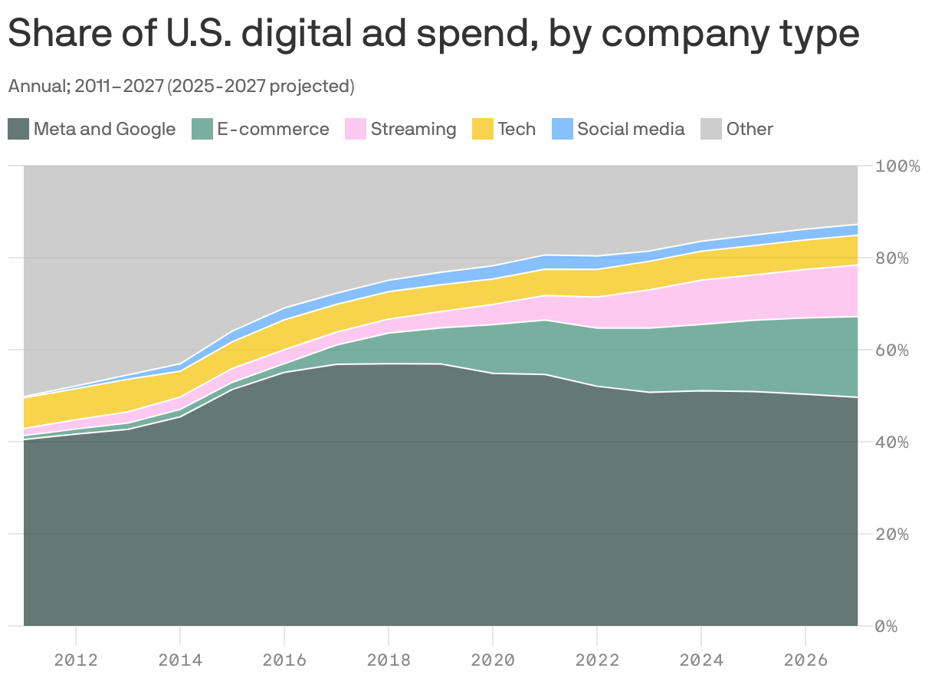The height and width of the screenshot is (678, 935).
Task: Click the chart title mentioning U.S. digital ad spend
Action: point(433,35)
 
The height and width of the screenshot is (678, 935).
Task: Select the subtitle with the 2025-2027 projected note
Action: point(181,86)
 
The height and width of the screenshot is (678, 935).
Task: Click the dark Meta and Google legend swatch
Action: point(18,129)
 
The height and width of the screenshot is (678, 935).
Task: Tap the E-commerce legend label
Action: point(273,129)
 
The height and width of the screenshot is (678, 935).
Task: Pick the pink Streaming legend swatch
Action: point(356,129)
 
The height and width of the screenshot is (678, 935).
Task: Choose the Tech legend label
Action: point(517,129)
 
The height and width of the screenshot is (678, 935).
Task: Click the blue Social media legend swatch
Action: point(563,129)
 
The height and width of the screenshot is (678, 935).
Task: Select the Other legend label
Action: point(750,129)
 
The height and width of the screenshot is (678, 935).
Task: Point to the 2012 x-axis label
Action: point(76,660)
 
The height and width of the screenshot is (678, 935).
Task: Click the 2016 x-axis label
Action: point(284,660)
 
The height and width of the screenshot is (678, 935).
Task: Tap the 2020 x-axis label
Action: point(493,660)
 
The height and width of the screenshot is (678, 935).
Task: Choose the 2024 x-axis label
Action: point(701,660)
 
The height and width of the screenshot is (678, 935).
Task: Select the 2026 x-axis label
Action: point(805,660)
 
